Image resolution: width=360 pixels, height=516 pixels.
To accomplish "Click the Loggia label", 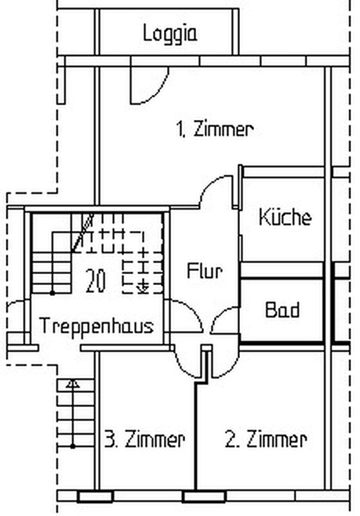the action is (x=170, y=34).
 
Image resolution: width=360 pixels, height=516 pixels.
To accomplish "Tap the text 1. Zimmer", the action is (x=215, y=129).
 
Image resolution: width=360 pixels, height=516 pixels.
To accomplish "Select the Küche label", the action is (x=285, y=217).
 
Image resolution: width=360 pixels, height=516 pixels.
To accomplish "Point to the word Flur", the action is (x=205, y=271).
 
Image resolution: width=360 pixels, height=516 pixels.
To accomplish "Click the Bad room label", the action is (x=283, y=310).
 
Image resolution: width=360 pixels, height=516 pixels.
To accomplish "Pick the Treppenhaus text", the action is (x=96, y=326).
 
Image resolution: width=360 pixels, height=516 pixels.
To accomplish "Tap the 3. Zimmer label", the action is (x=145, y=439).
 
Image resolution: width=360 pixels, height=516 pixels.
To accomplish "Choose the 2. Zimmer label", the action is (x=266, y=439).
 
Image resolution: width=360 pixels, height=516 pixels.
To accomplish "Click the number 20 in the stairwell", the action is (x=95, y=281).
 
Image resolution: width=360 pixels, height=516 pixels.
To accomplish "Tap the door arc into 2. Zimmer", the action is (x=232, y=367).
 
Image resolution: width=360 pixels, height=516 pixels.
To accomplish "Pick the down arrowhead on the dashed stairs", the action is (x=143, y=289).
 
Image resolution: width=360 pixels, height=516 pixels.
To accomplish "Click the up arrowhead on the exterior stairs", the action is (x=72, y=383).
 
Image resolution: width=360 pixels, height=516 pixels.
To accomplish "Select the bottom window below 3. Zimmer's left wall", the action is (x=95, y=496).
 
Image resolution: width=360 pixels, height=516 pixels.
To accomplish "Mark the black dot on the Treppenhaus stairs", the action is (x=52, y=293).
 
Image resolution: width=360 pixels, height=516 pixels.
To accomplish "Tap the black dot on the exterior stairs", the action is (x=73, y=446).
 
